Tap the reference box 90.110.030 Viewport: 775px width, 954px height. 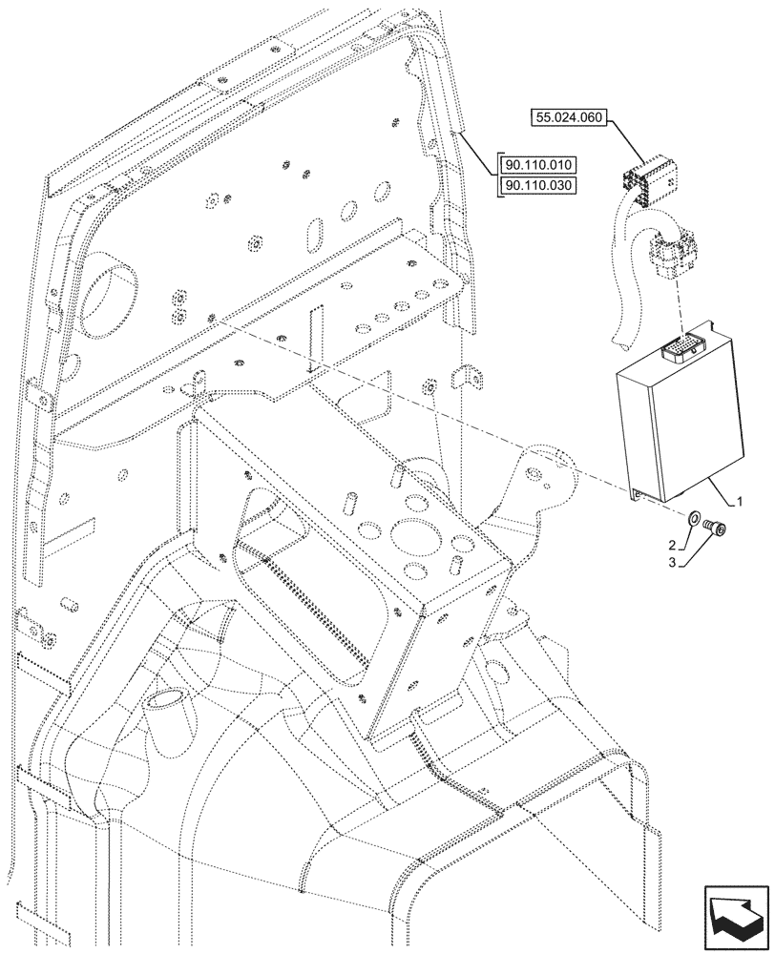[x=538, y=184]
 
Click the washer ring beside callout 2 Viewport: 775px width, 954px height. [x=694, y=521]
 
